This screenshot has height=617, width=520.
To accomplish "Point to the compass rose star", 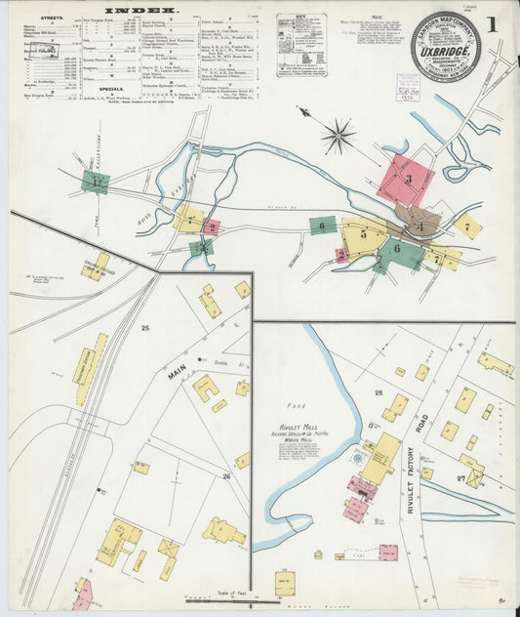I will pos(338,135).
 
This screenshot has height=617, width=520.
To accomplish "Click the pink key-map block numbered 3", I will pos(408,180).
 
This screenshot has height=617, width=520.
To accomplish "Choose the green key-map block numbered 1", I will pos(95,181).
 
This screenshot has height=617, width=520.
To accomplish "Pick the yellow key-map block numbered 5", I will pos(362,233).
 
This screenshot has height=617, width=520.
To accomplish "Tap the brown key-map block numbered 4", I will pos(420,226).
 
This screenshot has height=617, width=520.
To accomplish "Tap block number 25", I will pos(144,328).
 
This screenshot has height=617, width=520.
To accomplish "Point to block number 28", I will pos(379,391).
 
